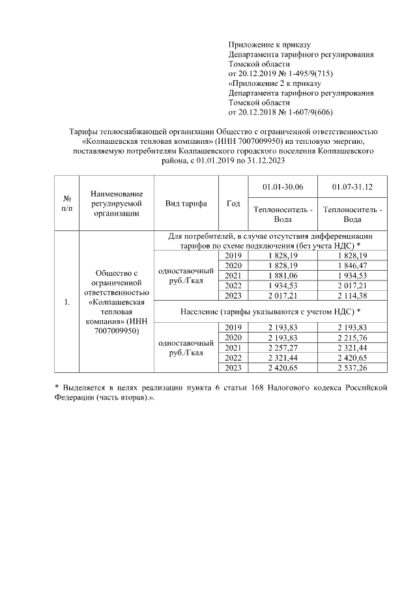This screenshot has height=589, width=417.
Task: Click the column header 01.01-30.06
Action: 281,187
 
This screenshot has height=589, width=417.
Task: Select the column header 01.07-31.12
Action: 352,187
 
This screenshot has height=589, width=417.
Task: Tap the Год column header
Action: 233,204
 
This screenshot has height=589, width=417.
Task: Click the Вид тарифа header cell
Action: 186,204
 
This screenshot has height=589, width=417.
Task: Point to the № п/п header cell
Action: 66,204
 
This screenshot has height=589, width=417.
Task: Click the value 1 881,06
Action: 281,275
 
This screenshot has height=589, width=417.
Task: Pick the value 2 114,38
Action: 352,295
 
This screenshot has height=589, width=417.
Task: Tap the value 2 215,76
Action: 352,338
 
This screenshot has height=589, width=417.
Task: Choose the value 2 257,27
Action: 281,348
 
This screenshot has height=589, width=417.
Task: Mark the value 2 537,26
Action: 352,367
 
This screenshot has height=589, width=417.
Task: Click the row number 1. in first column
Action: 66,303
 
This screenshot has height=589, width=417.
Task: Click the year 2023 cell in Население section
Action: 233,367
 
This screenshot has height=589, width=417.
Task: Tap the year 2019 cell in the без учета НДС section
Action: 233,256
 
